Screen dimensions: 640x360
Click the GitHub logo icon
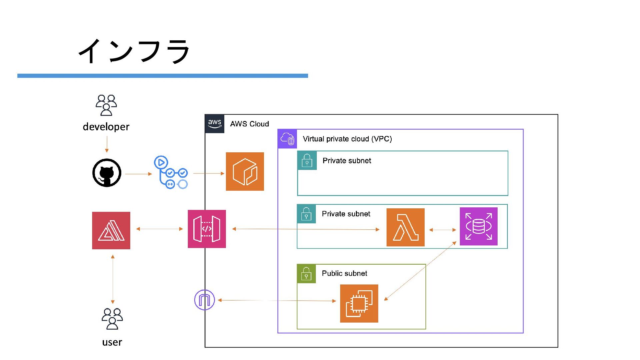click(x=107, y=173)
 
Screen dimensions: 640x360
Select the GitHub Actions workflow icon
click(x=171, y=172)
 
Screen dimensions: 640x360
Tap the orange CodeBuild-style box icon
click(x=245, y=171)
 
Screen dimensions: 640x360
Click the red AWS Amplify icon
click(x=111, y=230)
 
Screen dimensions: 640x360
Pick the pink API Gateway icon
click(x=207, y=229)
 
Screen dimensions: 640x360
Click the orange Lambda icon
click(x=405, y=227)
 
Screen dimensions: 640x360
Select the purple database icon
click(x=478, y=226)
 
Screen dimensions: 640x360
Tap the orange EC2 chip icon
click(x=359, y=303)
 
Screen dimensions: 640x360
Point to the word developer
click(x=106, y=127)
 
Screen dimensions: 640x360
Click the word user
click(x=112, y=342)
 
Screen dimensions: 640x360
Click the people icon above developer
click(x=106, y=105)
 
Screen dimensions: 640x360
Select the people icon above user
click(x=112, y=319)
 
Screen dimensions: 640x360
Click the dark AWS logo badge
click(x=214, y=124)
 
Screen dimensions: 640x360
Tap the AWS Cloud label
click(x=249, y=124)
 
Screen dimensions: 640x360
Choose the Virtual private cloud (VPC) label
click(x=347, y=139)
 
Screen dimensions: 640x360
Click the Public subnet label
click(x=344, y=273)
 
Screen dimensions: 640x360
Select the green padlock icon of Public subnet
click(x=306, y=274)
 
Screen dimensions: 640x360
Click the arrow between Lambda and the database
click(x=442, y=230)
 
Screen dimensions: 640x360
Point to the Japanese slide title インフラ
click(x=134, y=51)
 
